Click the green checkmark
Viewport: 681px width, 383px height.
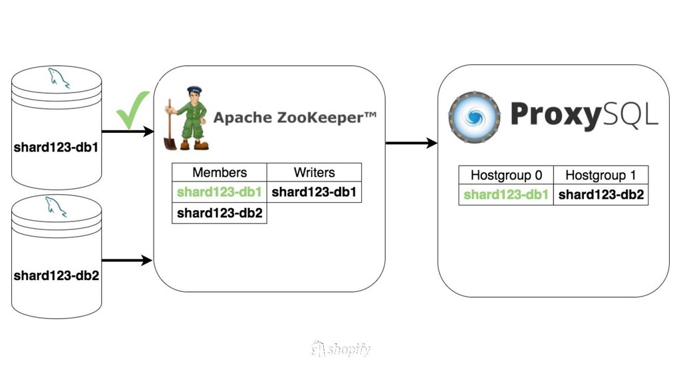point(133,110)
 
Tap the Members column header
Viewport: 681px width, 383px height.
point(219,172)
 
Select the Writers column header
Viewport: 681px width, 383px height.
point(314,172)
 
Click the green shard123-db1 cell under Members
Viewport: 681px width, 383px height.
point(219,192)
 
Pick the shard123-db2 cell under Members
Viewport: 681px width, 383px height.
point(219,213)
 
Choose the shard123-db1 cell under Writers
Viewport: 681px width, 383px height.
point(314,192)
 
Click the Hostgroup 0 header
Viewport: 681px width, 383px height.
point(506,176)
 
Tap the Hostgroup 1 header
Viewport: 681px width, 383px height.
point(601,176)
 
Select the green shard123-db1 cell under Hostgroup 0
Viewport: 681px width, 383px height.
point(506,195)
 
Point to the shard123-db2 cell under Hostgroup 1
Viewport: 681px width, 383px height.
point(601,195)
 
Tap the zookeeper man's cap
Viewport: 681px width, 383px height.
point(194,90)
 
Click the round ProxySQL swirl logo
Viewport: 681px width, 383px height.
point(474,118)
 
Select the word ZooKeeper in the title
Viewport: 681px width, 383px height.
point(318,118)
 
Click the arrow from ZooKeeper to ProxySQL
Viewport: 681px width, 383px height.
point(411,143)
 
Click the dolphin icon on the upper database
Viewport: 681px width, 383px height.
point(58,78)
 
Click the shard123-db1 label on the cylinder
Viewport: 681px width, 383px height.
point(57,147)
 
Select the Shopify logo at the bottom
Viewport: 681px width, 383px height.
point(340,349)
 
